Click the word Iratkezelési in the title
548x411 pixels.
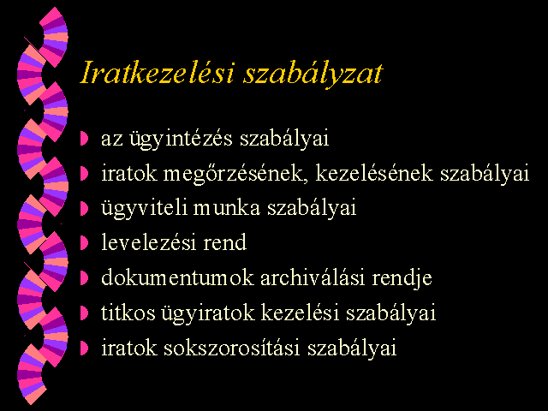point(157,72)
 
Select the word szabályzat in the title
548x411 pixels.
point(313,74)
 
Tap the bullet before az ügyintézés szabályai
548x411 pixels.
point(84,139)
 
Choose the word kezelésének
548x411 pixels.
point(374,173)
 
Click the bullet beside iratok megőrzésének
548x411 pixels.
point(84,173)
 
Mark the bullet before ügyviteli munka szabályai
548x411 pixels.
point(84,208)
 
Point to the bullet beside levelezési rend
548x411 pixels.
point(84,243)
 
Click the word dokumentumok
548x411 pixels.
point(177,277)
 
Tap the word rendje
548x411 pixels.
point(402,279)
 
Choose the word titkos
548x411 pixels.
point(128,313)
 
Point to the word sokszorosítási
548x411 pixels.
point(232,348)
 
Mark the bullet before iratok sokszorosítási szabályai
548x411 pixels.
point(84,348)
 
